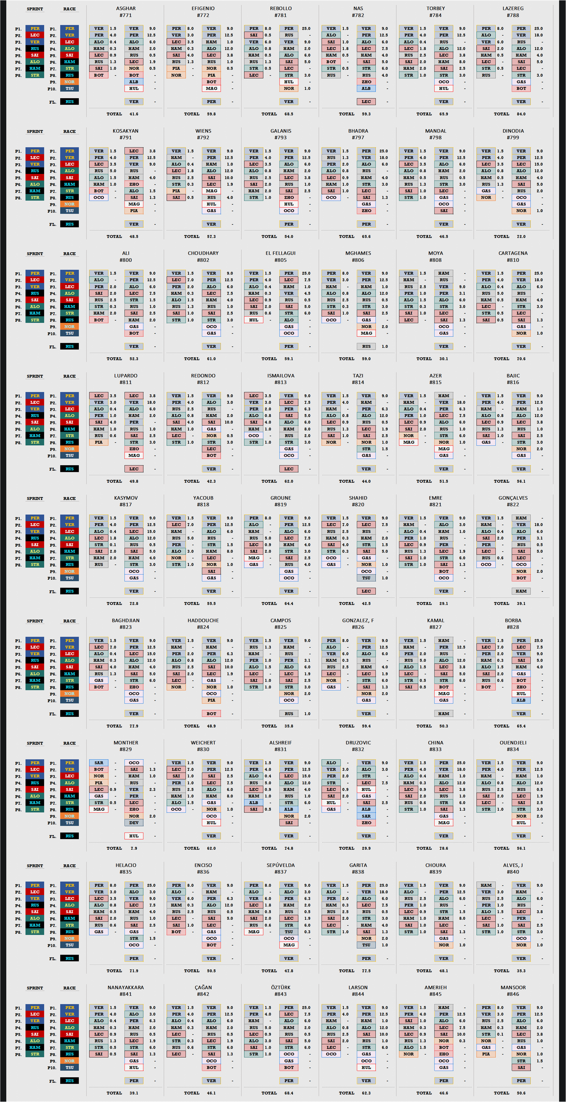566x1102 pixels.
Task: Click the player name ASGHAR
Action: [x=126, y=8]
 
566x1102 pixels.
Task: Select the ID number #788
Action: [x=513, y=15]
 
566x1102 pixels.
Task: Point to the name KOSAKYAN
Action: [x=126, y=131]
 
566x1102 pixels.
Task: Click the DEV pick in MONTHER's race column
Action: [x=134, y=823]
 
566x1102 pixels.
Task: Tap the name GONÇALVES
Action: [x=513, y=498]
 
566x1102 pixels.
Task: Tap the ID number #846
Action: [x=513, y=994]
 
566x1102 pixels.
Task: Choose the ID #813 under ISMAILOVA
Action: [x=281, y=382]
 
